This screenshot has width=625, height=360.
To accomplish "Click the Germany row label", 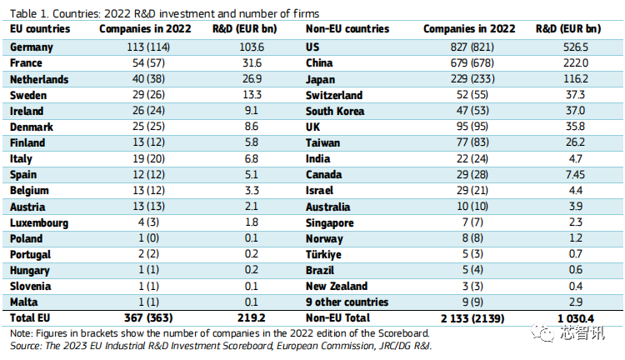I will click(x=32, y=47).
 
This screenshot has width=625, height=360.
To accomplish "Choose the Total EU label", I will click(x=31, y=318).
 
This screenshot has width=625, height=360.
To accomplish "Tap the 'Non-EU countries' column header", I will click(x=347, y=29).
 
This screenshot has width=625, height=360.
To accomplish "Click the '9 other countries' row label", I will click(x=347, y=302).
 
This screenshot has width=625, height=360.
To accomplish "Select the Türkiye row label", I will click(x=324, y=254).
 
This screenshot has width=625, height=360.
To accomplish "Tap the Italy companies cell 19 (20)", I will click(x=136, y=158).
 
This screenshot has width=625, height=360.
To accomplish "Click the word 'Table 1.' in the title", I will click(x=29, y=13).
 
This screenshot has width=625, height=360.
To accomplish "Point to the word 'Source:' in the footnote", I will click(x=25, y=344).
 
